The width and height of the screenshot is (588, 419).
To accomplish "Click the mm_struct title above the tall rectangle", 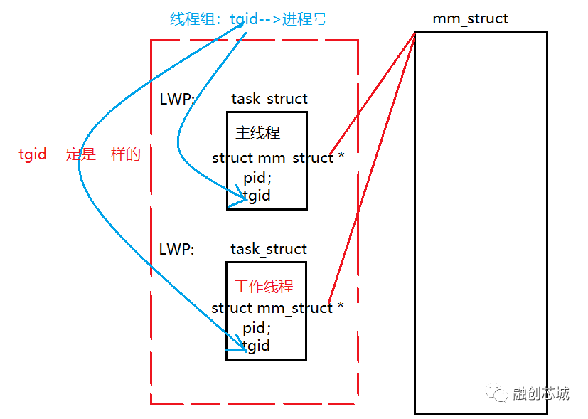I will tap(470, 18).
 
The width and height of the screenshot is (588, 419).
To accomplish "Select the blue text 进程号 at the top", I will tap(304, 19).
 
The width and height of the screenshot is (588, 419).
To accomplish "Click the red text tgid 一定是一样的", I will tap(79, 154).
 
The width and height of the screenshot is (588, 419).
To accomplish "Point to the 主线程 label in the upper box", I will tap(257, 133).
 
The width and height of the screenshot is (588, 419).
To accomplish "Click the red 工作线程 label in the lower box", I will tap(264, 287).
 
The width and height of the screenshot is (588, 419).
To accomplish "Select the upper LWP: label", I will tap(176, 100).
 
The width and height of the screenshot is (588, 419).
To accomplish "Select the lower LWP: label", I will tap(176, 249).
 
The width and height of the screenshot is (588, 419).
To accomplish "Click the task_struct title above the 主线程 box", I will tap(269, 100).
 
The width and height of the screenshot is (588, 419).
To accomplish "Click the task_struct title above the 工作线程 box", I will tap(269, 249).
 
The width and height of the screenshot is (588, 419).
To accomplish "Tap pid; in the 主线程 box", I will tap(257, 177).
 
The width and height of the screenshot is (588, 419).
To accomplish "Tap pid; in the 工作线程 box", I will tap(257, 328).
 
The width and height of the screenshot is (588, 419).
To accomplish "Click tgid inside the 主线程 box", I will tap(257, 195).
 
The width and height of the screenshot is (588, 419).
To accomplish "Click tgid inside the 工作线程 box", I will tap(256, 346).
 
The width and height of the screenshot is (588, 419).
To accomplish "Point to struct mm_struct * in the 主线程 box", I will tap(277, 158).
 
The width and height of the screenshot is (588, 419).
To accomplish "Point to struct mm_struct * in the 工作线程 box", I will tap(277, 308).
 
